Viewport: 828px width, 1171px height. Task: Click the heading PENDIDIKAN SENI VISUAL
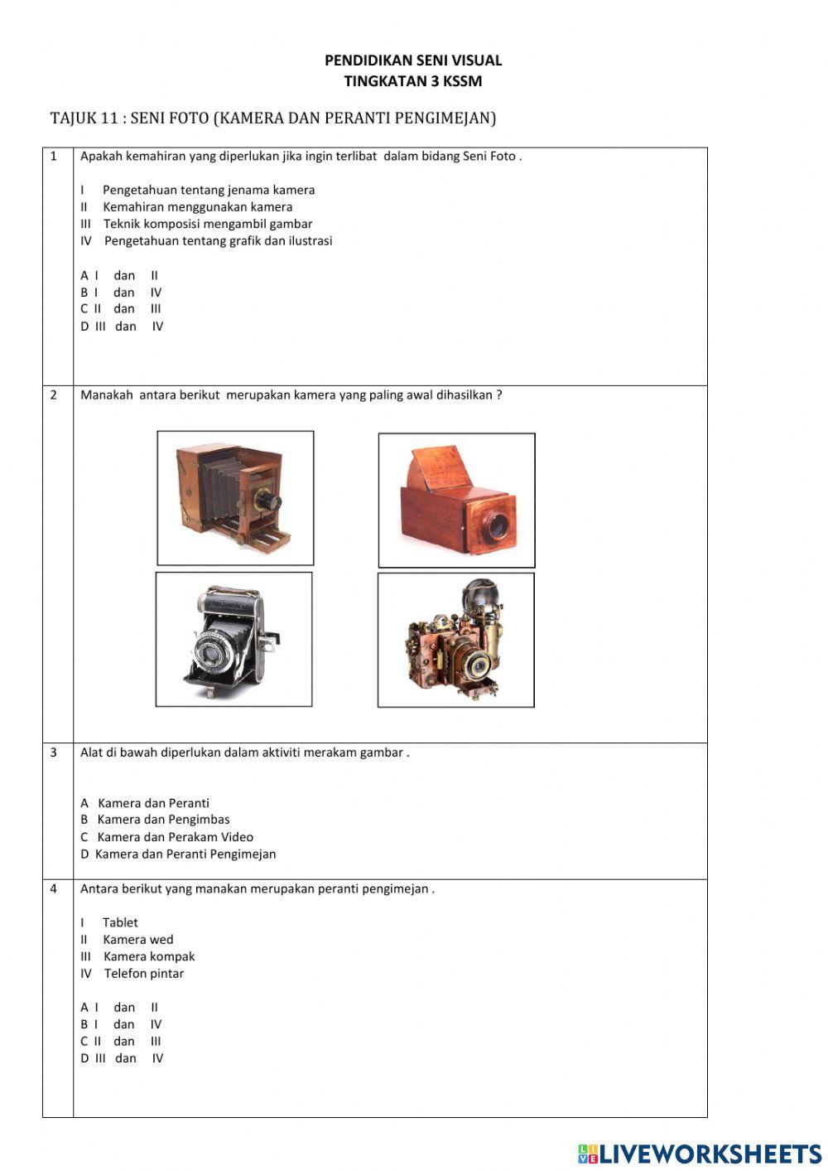pyautogui.click(x=412, y=60)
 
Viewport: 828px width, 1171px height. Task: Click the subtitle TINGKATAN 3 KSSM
pyautogui.click(x=412, y=81)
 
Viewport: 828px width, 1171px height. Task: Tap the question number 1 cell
pyautogui.click(x=55, y=157)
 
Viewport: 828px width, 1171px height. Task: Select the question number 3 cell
pyautogui.click(x=55, y=752)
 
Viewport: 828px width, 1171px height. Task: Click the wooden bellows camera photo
pyautogui.click(x=235, y=498)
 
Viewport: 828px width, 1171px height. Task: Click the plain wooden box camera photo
pyautogui.click(x=456, y=501)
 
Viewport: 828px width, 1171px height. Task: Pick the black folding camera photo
pyautogui.click(x=233, y=639)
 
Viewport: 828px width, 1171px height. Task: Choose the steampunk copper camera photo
pyautogui.click(x=455, y=640)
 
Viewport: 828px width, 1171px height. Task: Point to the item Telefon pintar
pyautogui.click(x=143, y=974)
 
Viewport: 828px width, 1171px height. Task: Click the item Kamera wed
pyautogui.click(x=137, y=940)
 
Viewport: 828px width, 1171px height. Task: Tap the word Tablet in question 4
pyautogui.click(x=120, y=922)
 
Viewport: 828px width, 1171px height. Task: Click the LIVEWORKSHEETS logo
pyautogui.click(x=700, y=1154)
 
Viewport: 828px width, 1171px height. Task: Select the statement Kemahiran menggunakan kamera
pyautogui.click(x=197, y=207)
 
